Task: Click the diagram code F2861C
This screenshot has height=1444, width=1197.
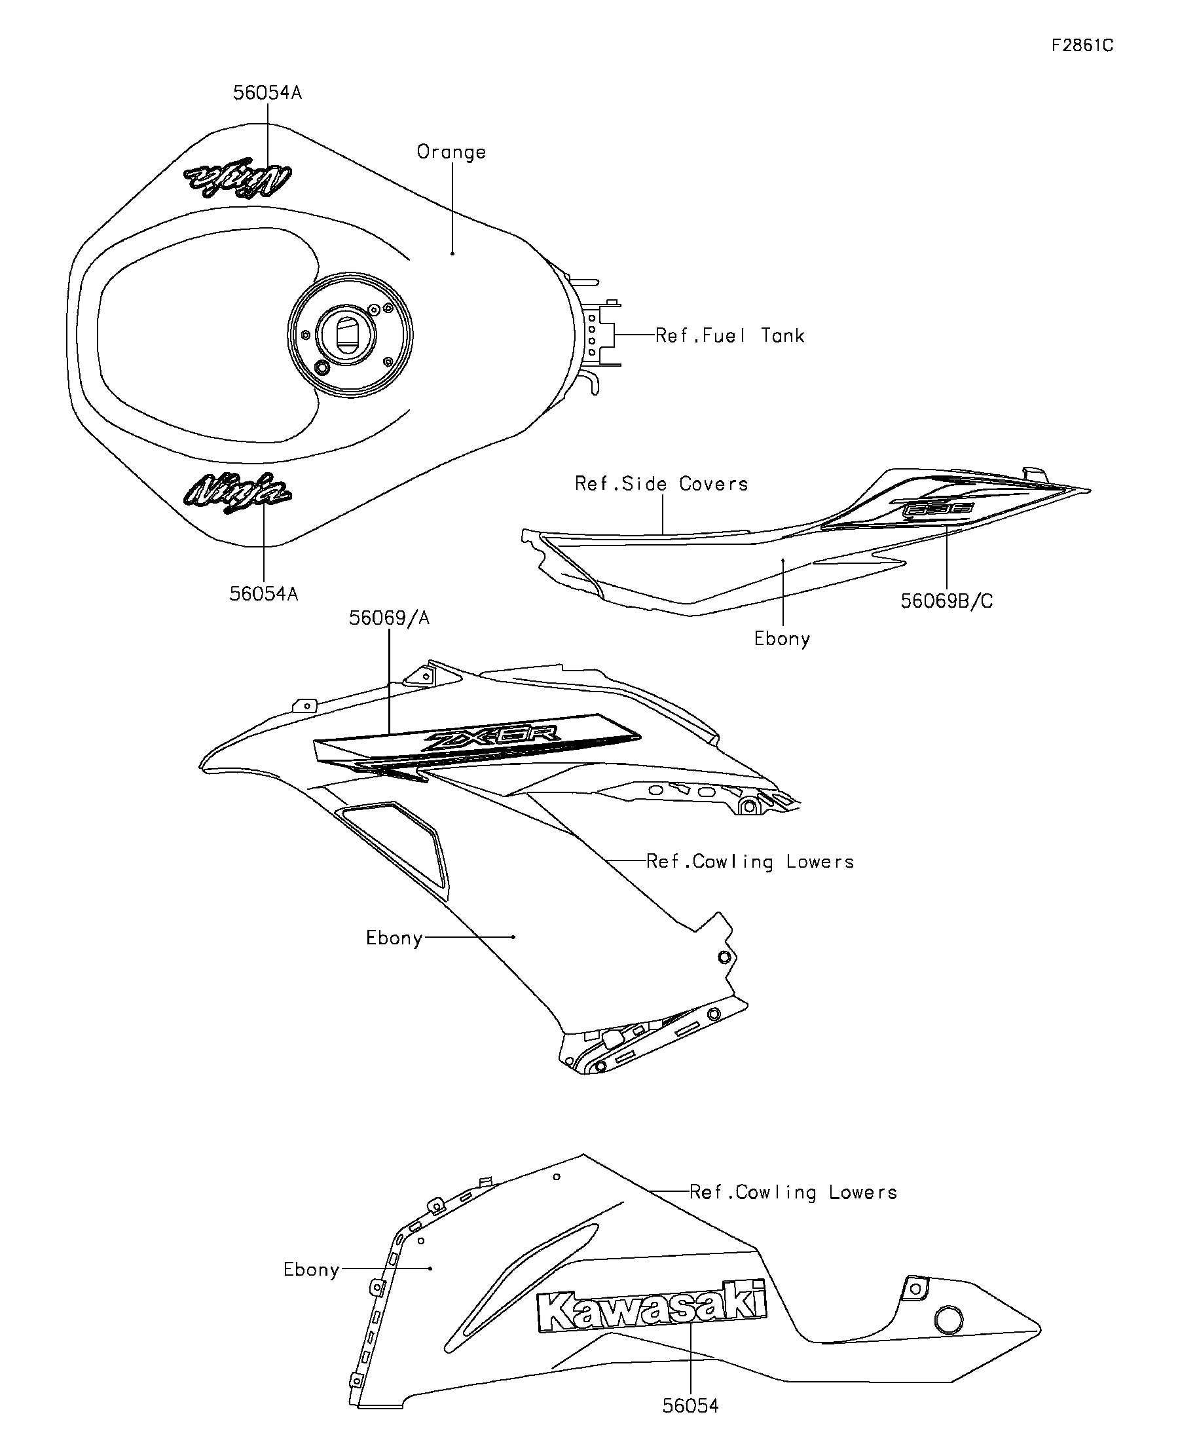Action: pyautogui.click(x=1082, y=45)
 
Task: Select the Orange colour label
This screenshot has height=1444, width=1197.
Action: pyautogui.click(x=451, y=152)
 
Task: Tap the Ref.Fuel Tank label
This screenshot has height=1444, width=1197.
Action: pyautogui.click(x=729, y=335)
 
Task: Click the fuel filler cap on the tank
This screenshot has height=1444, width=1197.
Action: pyautogui.click(x=350, y=335)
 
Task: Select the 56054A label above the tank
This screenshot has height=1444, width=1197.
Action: pyautogui.click(x=267, y=93)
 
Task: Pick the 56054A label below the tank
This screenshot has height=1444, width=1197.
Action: pyautogui.click(x=264, y=594)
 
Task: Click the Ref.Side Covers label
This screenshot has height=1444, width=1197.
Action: pyautogui.click(x=661, y=484)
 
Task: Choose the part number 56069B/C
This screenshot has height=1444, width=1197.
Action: pyautogui.click(x=947, y=601)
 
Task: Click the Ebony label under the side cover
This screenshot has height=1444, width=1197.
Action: pyautogui.click(x=782, y=639)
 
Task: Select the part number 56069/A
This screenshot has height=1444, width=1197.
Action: pyautogui.click(x=389, y=618)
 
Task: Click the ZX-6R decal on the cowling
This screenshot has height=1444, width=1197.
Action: pyautogui.click(x=493, y=741)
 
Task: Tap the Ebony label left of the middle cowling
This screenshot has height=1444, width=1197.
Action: pyautogui.click(x=394, y=938)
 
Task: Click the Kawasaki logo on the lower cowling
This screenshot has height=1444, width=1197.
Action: pyautogui.click(x=652, y=1310)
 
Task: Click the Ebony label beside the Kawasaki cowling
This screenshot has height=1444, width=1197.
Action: pyautogui.click(x=312, y=1269)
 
